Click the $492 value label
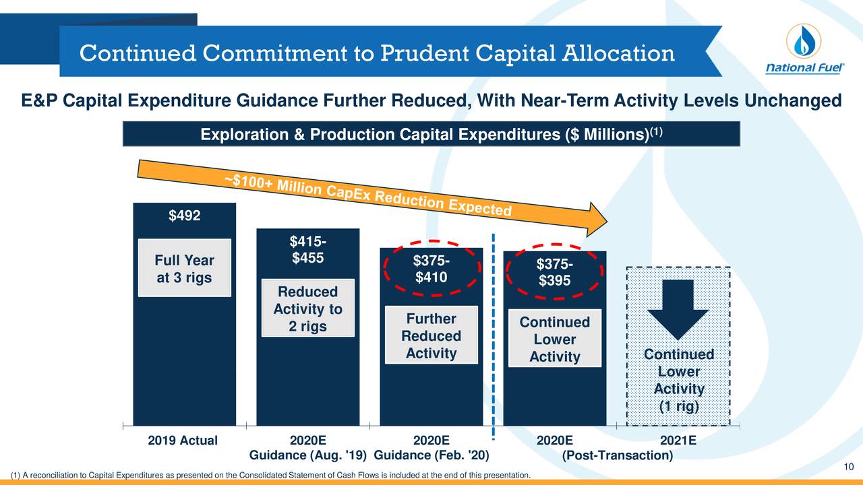pos(184,216)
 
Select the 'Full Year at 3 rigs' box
pos(185,269)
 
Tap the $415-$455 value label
pos(307,250)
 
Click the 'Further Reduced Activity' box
pos(431,336)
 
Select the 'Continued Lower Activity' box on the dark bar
pos(554,339)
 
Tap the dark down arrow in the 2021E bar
pos(678,313)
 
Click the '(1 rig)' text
pos(679,408)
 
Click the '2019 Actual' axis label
pos(183,441)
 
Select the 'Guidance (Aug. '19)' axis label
pos(307,456)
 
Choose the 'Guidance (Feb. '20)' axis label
pos(431,456)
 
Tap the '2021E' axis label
pos(678,441)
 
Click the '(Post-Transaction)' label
pos(617,456)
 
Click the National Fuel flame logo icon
pos(804,42)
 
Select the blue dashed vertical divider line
pos(494,337)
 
